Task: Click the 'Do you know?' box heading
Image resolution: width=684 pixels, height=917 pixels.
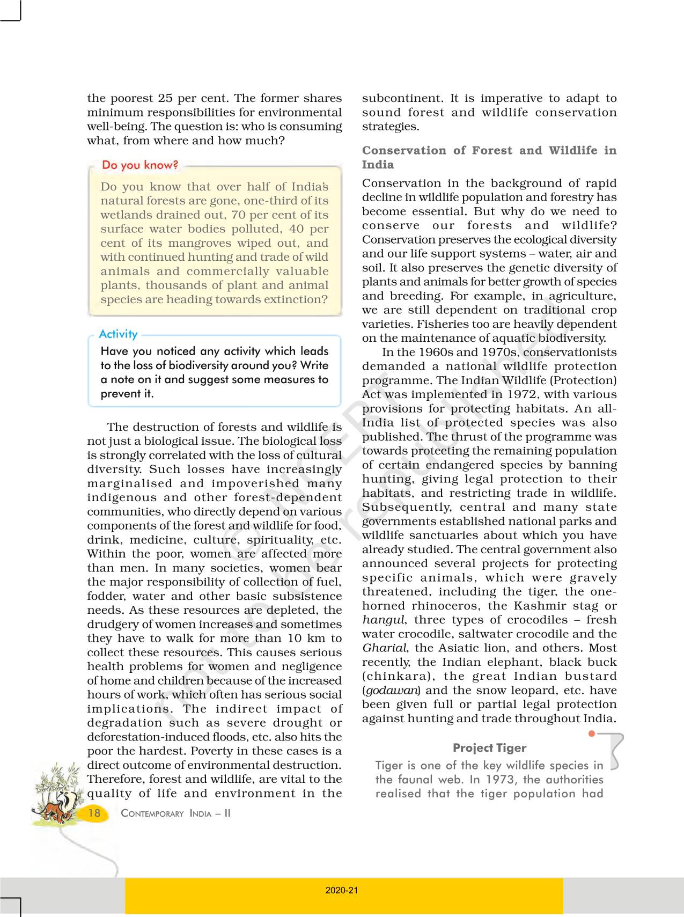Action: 140,165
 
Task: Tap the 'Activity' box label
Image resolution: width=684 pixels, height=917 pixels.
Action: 119,334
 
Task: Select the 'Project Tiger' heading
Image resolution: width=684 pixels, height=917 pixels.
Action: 489,748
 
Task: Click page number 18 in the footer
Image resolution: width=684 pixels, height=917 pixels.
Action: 94,813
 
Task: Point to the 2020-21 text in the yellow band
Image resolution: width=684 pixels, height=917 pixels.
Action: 342,890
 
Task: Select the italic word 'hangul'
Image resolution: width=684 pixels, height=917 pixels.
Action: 383,620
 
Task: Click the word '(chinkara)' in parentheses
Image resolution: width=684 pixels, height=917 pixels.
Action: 396,677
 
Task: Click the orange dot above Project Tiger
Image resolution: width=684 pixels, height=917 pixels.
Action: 592,733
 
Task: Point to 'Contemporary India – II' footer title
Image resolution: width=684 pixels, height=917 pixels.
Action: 176,813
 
